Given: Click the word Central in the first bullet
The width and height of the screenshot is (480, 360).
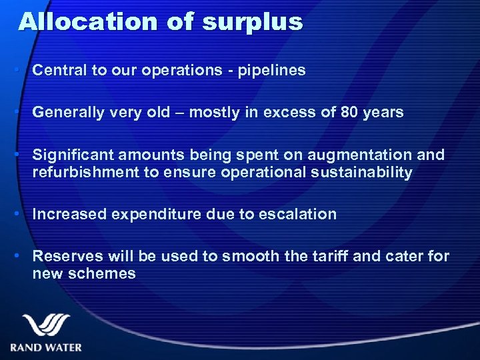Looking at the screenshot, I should (59, 70).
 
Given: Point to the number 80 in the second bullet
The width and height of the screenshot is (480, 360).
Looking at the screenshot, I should (349, 112).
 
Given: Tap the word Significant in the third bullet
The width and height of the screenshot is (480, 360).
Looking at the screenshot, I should (73, 155).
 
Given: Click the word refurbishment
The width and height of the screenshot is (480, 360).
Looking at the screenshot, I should (85, 173).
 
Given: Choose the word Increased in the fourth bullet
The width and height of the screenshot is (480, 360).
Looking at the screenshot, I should (69, 214).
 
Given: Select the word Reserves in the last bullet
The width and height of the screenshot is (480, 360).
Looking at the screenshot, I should (64, 256).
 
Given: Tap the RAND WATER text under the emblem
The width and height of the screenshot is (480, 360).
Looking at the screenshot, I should (46, 347).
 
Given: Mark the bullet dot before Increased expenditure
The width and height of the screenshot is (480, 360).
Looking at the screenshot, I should (23, 215).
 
